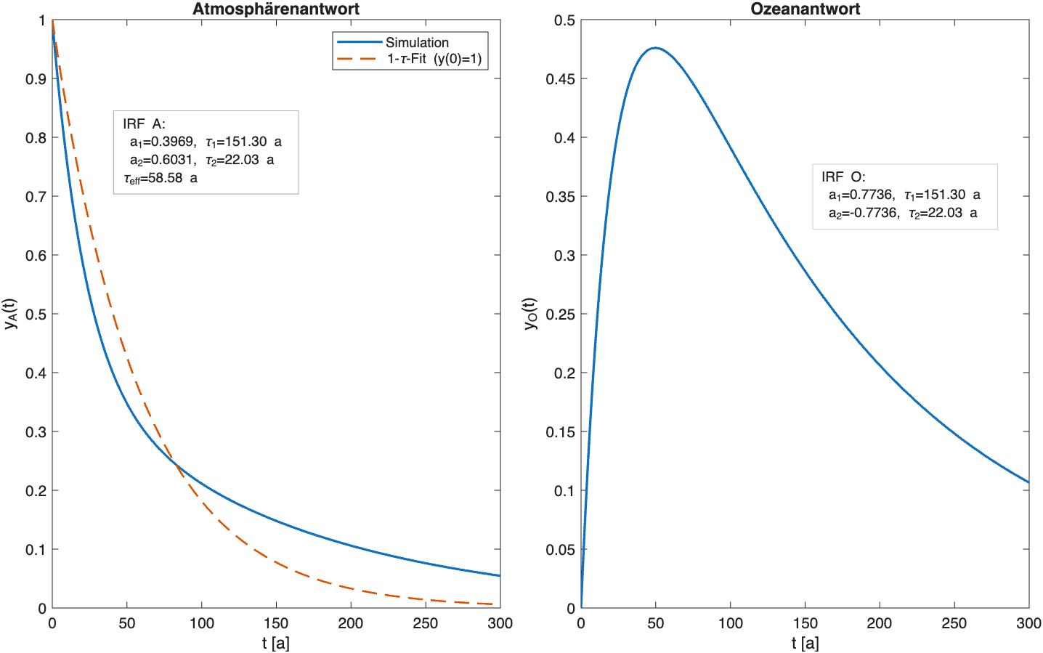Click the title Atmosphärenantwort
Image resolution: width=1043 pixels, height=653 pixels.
pos(275,9)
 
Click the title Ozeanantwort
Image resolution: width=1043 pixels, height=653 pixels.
pos(805,9)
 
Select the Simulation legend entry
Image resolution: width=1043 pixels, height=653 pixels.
pos(416,42)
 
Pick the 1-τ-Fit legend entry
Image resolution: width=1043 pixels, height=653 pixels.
pos(434,59)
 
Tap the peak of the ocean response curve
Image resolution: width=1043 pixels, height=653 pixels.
pos(655,48)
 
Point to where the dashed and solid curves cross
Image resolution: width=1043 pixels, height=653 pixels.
pos(175,463)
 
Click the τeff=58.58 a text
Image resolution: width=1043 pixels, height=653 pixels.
pos(161,178)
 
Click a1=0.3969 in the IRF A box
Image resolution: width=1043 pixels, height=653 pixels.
pos(162,142)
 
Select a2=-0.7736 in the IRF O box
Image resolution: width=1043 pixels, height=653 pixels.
pos(862,213)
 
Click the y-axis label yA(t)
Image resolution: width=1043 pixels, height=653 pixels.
pos(10,314)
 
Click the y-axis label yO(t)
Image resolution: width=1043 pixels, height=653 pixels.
pos(531,314)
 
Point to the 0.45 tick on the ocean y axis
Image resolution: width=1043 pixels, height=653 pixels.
pos(560,79)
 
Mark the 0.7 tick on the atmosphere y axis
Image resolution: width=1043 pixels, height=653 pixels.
pos(36,197)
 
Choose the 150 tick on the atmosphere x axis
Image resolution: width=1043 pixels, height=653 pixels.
pos(276,623)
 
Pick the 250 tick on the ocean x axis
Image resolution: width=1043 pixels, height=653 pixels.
pos(954,623)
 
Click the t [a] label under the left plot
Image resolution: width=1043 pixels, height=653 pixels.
pos(276,643)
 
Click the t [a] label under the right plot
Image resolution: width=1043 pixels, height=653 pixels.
pos(805,643)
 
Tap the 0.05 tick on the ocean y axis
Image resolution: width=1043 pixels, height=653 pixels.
pos(560,550)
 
